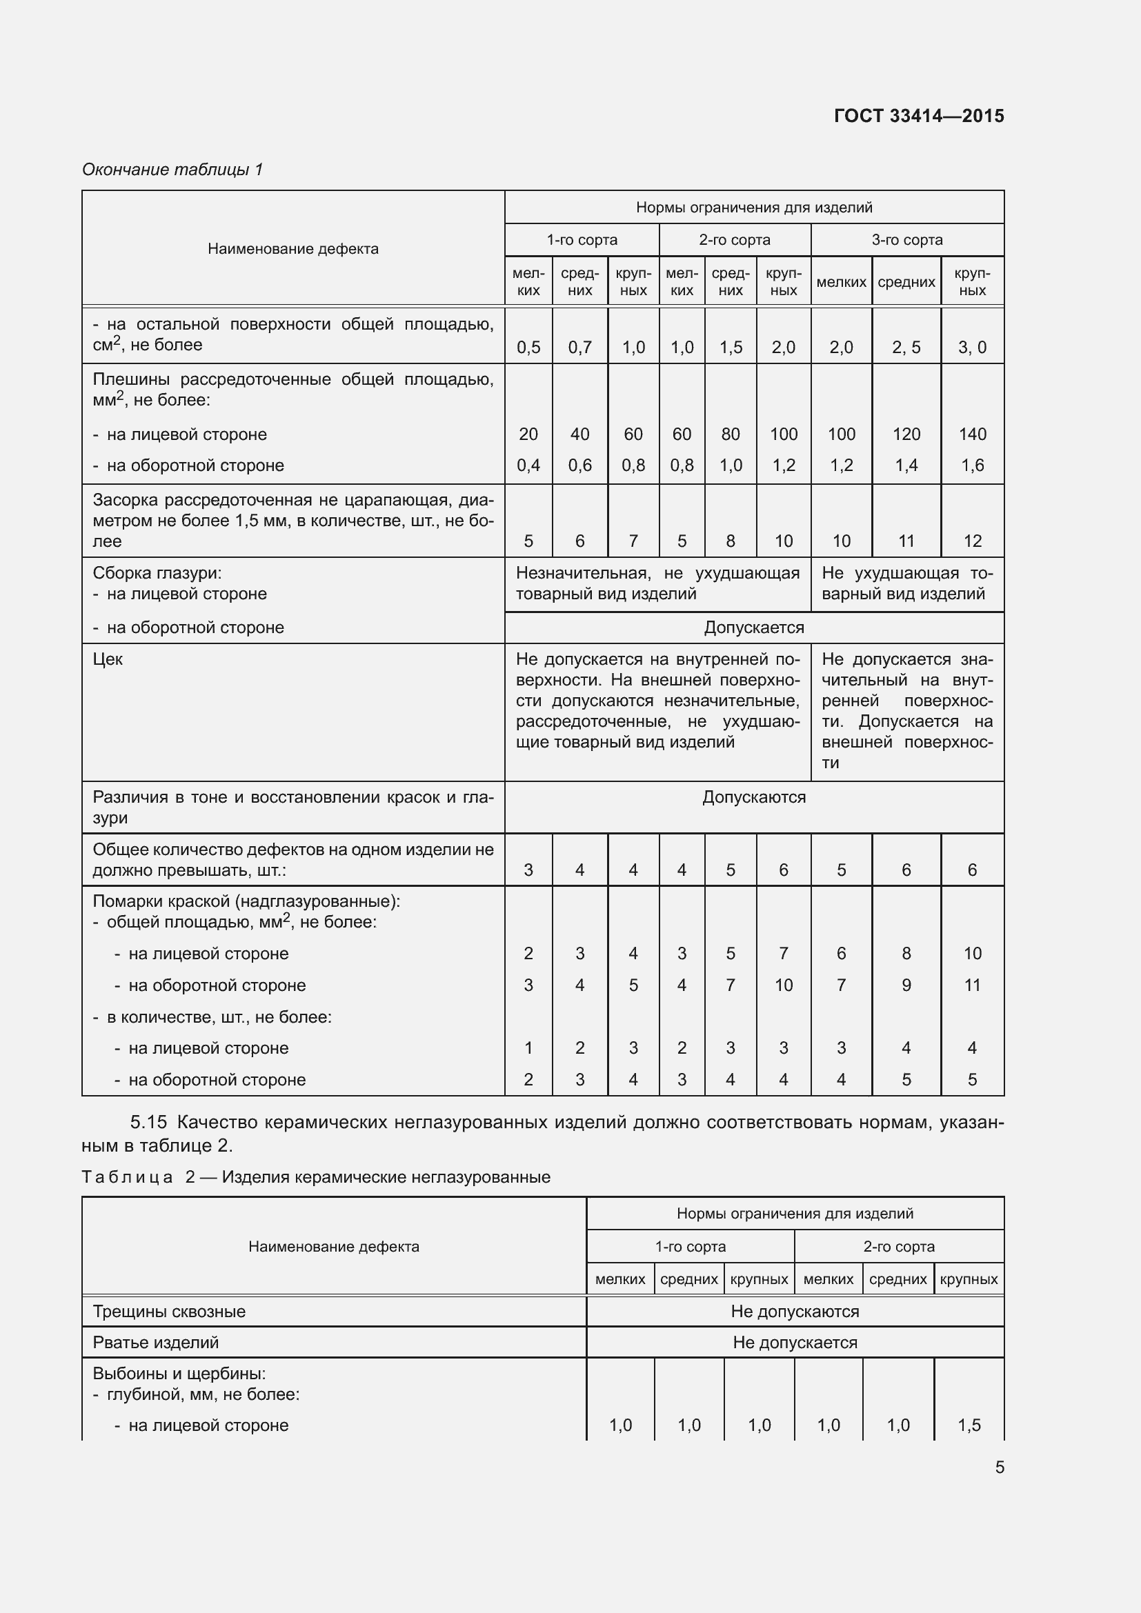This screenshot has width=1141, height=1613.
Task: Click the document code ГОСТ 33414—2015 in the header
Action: pos(918,116)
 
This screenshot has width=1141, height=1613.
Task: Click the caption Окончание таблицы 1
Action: pos(172,170)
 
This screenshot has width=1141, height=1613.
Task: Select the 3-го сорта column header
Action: pos(906,240)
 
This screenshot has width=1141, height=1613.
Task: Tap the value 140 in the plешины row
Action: pos(972,434)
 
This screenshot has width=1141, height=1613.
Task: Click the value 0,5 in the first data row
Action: pos(528,347)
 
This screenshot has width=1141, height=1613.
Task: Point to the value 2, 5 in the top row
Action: pos(906,347)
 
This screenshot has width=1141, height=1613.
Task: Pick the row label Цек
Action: pos(108,659)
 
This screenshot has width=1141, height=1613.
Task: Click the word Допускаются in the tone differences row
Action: pos(753,797)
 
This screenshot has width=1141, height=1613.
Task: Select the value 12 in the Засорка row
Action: pos(972,541)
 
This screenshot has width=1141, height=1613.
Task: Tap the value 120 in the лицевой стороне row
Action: pos(906,434)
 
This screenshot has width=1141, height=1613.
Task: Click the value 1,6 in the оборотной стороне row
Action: pos(972,465)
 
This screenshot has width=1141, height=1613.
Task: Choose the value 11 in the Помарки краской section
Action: pos(972,985)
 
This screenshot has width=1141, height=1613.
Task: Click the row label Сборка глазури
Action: pos(157,573)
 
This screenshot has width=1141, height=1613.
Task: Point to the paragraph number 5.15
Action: pos(148,1122)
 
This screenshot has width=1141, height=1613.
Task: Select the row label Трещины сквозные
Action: pos(169,1312)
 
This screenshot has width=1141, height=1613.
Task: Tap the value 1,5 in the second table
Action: pos(969,1425)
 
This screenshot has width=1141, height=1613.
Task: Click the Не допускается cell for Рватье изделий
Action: pos(795,1343)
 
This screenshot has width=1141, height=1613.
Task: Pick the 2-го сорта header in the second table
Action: pos(899,1246)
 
